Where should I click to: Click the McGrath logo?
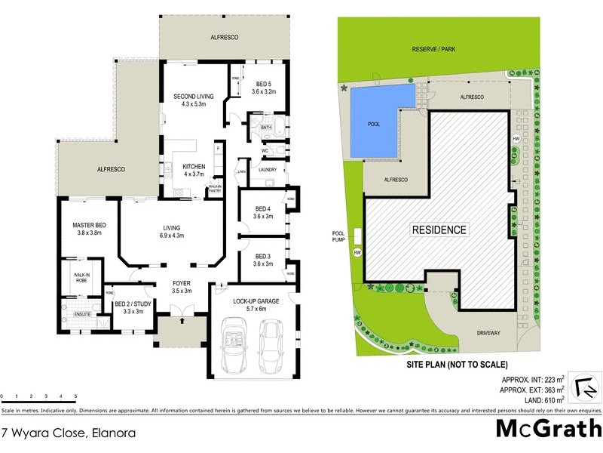(x=544, y=429)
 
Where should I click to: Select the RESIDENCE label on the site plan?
(x=439, y=230)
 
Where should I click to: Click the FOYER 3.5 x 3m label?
(x=181, y=287)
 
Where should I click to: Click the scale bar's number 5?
(x=75, y=396)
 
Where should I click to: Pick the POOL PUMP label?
(x=339, y=237)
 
